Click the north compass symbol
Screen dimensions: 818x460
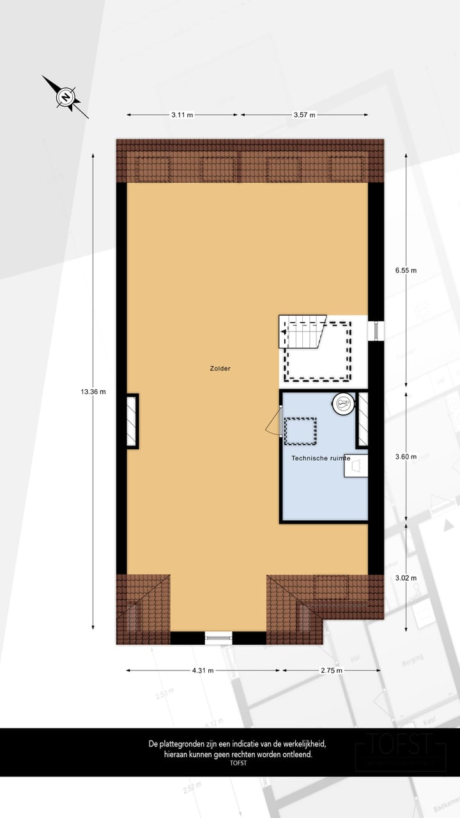pos(66,97)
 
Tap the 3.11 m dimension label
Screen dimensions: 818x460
pos(182,115)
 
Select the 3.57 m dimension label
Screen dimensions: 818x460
pos(304,115)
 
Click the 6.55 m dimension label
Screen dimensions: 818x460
pos(406,270)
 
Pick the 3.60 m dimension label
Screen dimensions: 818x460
pos(406,456)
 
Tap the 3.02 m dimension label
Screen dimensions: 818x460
pos(406,578)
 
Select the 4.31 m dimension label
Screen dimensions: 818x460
pos(202,670)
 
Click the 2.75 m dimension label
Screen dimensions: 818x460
pos(331,670)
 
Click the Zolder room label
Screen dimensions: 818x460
pos(220,368)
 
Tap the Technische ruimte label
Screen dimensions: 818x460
pos(321,458)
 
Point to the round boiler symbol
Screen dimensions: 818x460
pos(343,403)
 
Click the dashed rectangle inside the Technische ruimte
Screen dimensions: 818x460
pos(300,431)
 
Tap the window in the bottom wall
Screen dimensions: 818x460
pos(218,637)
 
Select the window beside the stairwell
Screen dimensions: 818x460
pos(378,330)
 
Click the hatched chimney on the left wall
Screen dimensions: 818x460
pos(132,421)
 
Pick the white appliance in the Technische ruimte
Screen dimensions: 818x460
pos(356,467)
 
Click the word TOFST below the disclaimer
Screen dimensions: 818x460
pos(238,763)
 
